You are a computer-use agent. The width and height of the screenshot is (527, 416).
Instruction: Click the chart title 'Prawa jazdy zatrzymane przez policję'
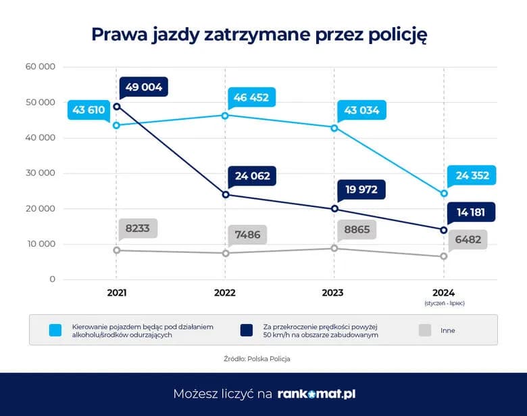click(259, 35)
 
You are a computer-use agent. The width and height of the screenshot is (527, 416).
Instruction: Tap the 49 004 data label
click(144, 87)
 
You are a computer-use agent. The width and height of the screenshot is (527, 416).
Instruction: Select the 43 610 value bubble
click(89, 110)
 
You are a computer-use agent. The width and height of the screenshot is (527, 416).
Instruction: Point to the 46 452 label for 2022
click(251, 97)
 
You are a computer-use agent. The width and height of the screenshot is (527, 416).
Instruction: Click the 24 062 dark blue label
click(251, 176)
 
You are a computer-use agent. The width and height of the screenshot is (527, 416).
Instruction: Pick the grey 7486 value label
click(247, 234)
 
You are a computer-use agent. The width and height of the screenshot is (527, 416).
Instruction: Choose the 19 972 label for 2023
click(361, 189)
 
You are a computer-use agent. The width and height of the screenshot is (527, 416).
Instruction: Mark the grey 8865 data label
click(356, 229)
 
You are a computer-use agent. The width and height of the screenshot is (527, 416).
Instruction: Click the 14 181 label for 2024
click(471, 212)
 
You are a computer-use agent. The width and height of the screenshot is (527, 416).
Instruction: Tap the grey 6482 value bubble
click(468, 239)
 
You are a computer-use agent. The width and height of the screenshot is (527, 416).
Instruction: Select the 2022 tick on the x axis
click(225, 293)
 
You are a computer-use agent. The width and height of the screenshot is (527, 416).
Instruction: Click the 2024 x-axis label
click(444, 293)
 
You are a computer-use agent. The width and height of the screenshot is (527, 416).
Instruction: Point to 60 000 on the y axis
click(40, 67)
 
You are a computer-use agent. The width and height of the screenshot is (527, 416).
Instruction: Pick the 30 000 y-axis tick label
click(40, 173)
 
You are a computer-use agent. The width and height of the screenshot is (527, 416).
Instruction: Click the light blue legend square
click(55, 330)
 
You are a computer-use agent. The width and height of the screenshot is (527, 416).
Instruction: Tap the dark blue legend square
click(247, 330)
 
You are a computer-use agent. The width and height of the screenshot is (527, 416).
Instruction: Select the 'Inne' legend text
click(448, 331)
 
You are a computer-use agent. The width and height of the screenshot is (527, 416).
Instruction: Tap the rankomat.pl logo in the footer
click(316, 394)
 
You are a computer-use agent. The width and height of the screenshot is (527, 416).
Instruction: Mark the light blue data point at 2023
click(334, 128)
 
